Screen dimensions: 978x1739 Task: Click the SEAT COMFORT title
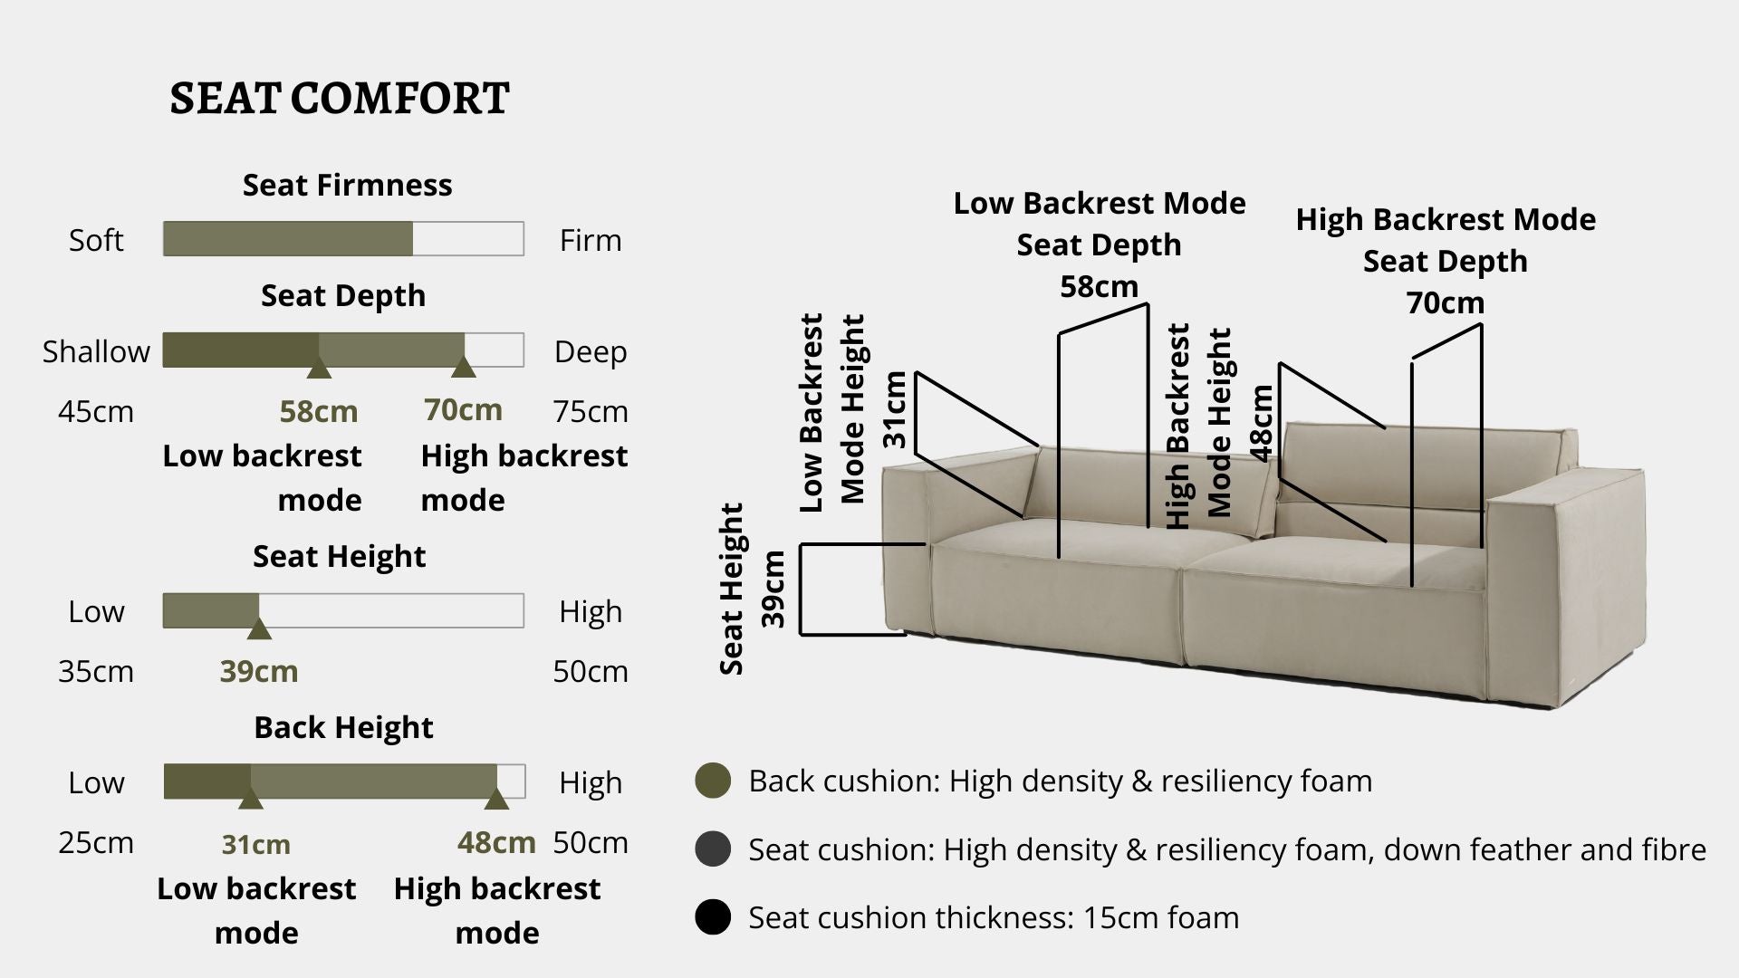(x=340, y=99)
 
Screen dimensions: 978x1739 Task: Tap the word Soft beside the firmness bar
(x=96, y=241)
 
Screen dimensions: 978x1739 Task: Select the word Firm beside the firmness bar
(x=591, y=241)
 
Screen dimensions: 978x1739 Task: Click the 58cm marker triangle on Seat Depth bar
(x=318, y=368)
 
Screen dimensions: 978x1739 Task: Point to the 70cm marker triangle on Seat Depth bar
(x=464, y=367)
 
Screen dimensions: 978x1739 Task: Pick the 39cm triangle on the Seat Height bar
(x=259, y=628)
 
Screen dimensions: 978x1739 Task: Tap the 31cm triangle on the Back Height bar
(x=251, y=799)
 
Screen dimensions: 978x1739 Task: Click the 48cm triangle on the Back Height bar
(x=495, y=799)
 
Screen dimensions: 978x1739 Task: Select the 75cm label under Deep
(x=591, y=412)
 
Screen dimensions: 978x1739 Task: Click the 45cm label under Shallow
(x=96, y=412)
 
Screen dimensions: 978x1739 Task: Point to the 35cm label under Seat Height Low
(x=96, y=672)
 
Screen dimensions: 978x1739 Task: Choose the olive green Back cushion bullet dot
(x=713, y=781)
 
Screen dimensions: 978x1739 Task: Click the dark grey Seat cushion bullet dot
(x=713, y=849)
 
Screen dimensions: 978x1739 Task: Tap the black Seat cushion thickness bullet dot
(x=713, y=917)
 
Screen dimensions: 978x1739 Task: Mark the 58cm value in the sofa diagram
(x=1099, y=287)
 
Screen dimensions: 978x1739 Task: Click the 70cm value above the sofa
(x=1445, y=303)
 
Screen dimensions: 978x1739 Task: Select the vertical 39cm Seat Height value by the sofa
(x=773, y=590)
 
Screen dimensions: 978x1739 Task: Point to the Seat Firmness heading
(x=347, y=185)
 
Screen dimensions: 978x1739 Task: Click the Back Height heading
(x=343, y=727)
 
